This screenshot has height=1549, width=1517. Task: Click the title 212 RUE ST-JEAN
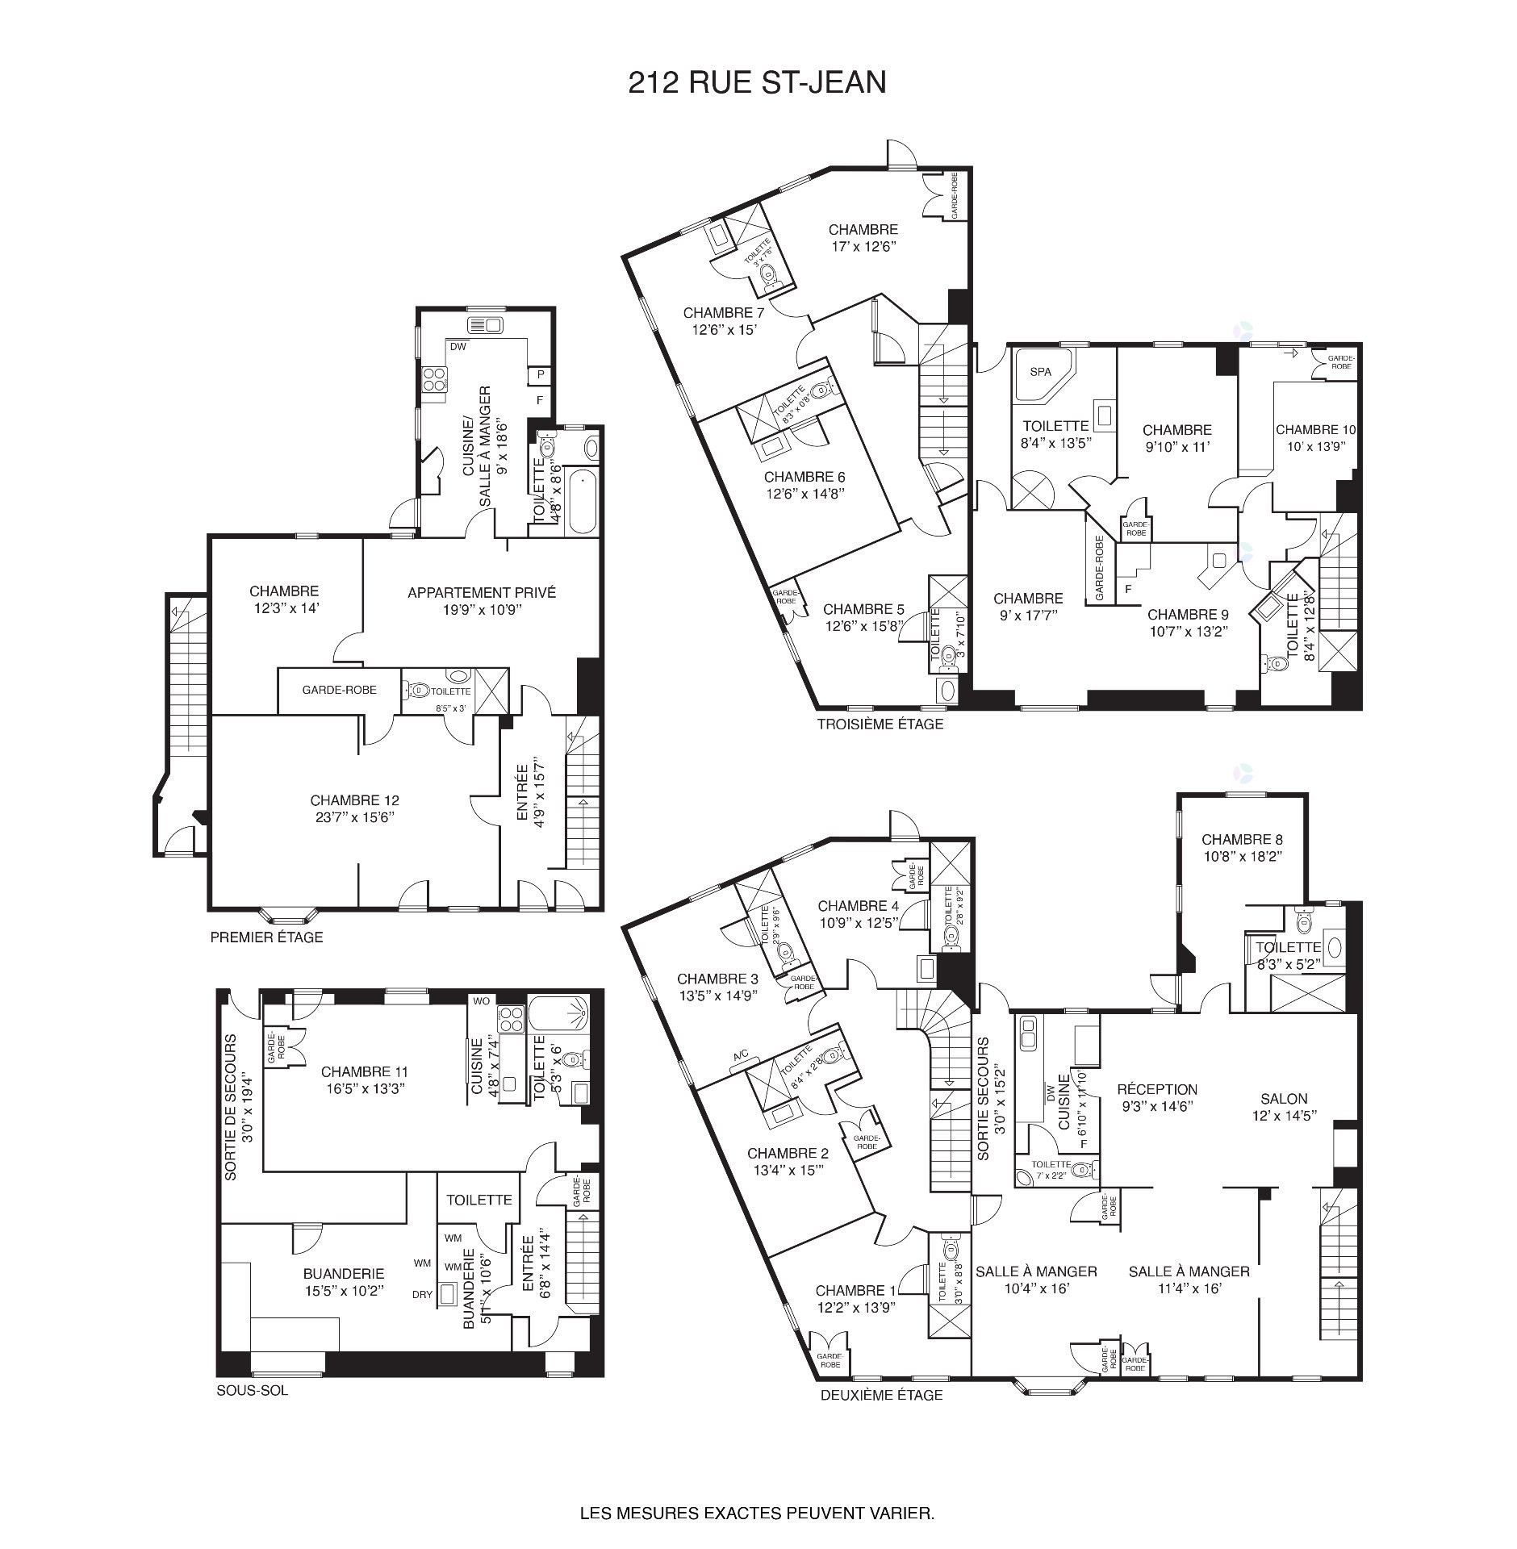click(756, 82)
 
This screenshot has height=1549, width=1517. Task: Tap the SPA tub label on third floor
click(1040, 372)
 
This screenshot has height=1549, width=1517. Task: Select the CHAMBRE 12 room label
click(354, 800)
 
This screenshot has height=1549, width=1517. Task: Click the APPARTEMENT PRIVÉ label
click(481, 593)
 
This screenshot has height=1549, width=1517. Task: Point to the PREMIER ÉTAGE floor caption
click(266, 937)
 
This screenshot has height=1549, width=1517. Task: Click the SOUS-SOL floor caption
click(252, 1390)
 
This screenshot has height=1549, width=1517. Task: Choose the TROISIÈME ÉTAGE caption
click(880, 724)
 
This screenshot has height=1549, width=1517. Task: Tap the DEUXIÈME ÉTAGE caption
click(881, 1395)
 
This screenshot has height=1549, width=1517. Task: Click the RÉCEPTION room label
click(1156, 1089)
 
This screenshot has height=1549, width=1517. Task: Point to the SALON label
click(1284, 1098)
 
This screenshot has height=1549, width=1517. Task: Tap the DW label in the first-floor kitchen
click(458, 348)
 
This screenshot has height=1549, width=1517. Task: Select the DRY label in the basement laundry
click(422, 1294)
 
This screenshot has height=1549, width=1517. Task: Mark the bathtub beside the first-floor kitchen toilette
click(580, 500)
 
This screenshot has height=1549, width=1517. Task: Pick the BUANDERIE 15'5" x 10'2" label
click(343, 1281)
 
